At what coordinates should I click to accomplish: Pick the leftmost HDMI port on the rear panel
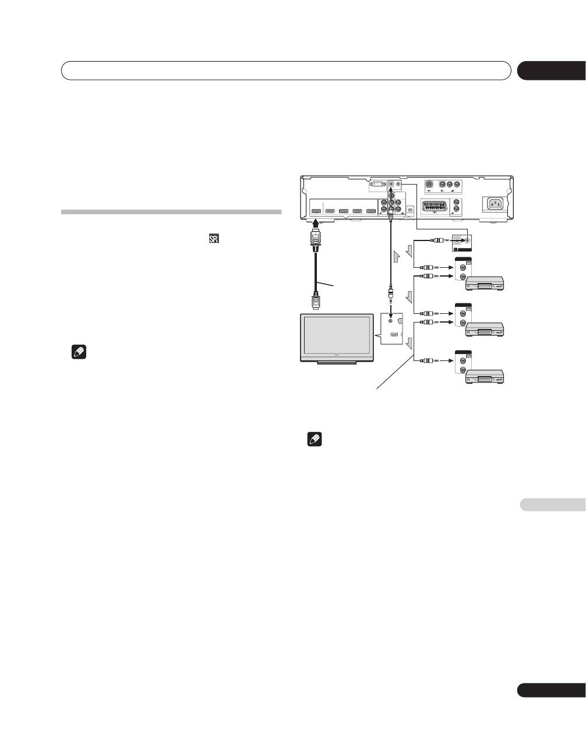[317, 211]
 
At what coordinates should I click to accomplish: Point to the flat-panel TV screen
[336, 337]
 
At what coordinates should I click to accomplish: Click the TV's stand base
[337, 364]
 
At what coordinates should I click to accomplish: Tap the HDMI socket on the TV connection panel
[394, 335]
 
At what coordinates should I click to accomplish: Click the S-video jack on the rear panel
[429, 185]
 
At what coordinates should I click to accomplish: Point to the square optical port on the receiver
[410, 208]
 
